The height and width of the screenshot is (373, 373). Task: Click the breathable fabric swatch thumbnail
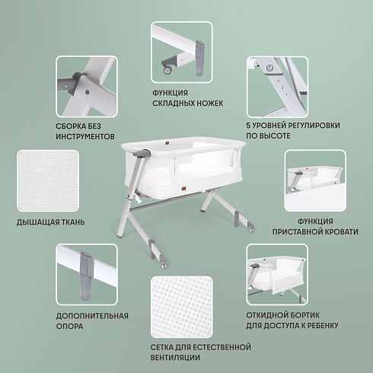48,180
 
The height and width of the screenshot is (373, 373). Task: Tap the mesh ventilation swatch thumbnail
182,307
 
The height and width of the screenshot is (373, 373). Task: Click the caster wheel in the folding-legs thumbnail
167,69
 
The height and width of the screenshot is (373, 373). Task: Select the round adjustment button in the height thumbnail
269,68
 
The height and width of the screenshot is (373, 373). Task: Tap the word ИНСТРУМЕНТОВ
85,136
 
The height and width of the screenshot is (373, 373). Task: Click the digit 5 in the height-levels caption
248,126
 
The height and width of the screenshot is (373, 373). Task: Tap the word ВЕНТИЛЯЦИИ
175,358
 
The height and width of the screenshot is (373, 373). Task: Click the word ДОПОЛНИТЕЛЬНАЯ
92,316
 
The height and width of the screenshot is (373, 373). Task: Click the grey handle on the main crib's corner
142,153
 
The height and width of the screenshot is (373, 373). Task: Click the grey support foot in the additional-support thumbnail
87,276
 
